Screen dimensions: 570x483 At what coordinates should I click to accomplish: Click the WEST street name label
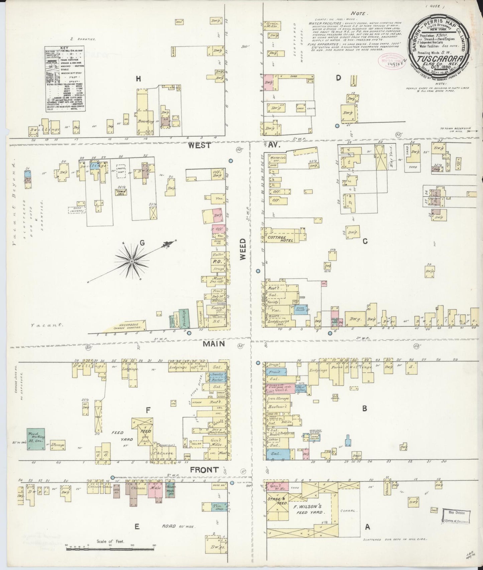click(199, 145)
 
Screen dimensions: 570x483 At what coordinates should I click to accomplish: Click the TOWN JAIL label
click(120, 193)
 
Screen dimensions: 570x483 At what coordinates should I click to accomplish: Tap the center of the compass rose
click(132, 261)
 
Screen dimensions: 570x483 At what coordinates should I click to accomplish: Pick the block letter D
click(338, 78)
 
